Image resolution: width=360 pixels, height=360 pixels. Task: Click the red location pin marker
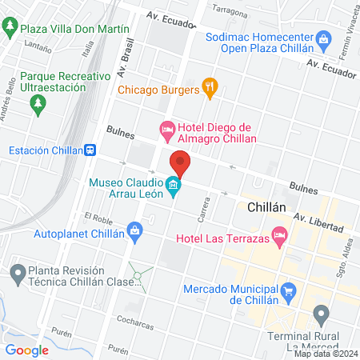(x=181, y=164)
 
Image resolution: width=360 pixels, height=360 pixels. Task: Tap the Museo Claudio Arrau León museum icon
(x=173, y=188)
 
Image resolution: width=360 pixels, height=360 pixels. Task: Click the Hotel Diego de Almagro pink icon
(x=166, y=128)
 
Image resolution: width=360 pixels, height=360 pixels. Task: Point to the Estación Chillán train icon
(x=92, y=150)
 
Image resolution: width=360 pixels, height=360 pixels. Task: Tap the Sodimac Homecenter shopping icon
(x=323, y=38)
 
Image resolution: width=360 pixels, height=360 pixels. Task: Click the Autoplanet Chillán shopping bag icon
(x=134, y=232)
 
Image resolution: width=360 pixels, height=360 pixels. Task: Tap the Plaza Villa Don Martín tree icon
(x=10, y=28)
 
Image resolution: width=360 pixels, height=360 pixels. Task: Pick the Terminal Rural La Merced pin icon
(x=322, y=314)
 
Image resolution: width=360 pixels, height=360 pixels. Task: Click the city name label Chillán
(x=267, y=206)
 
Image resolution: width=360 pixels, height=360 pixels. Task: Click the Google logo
(x=26, y=350)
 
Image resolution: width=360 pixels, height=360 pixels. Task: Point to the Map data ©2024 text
(x=325, y=353)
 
